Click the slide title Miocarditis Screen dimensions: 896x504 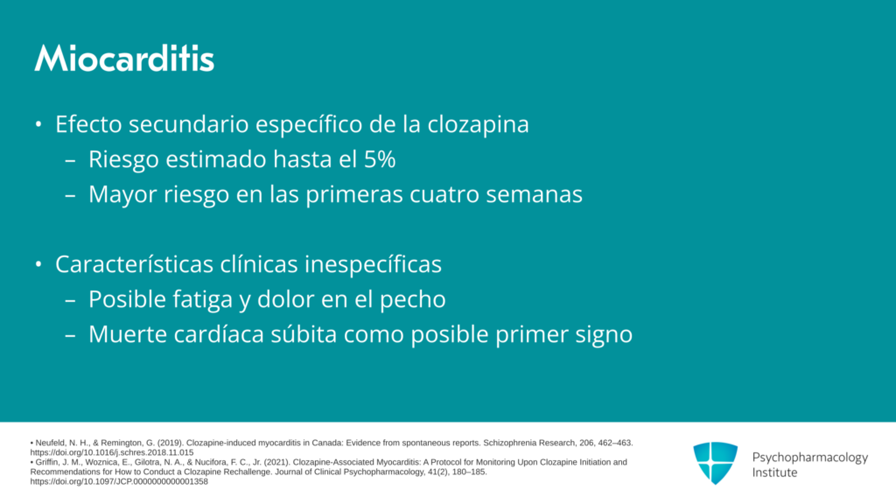tap(124, 59)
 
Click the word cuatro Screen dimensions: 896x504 tap(444, 195)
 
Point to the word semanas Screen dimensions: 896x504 tap(535, 195)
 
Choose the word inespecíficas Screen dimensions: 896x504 tap(373, 264)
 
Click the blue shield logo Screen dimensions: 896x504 tap(716, 464)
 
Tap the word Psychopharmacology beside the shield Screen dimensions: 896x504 tap(809, 458)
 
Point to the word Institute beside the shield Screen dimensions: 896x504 tap(774, 472)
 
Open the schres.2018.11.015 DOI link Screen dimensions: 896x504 tap(112, 452)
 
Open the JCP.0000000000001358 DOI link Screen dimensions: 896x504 tap(119, 481)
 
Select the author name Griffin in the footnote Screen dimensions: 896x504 tap(47, 462)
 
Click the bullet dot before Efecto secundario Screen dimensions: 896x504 tap(38, 124)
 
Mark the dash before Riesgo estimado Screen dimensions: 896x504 tap(70, 161)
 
